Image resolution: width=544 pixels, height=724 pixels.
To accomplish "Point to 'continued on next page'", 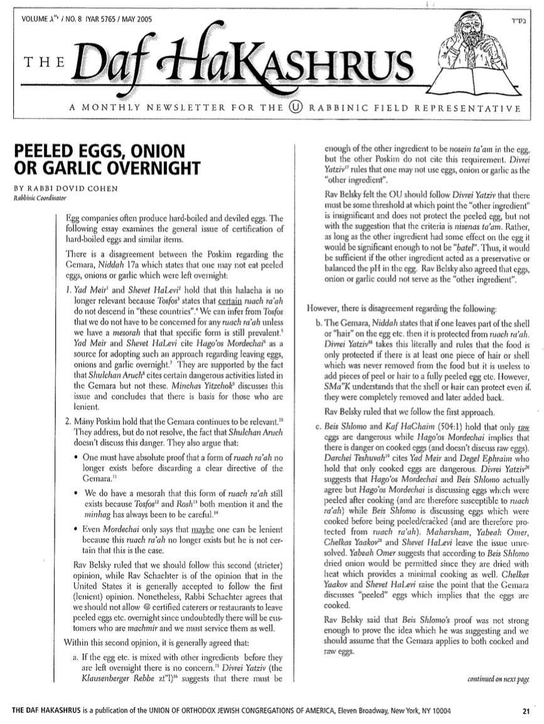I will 499,679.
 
